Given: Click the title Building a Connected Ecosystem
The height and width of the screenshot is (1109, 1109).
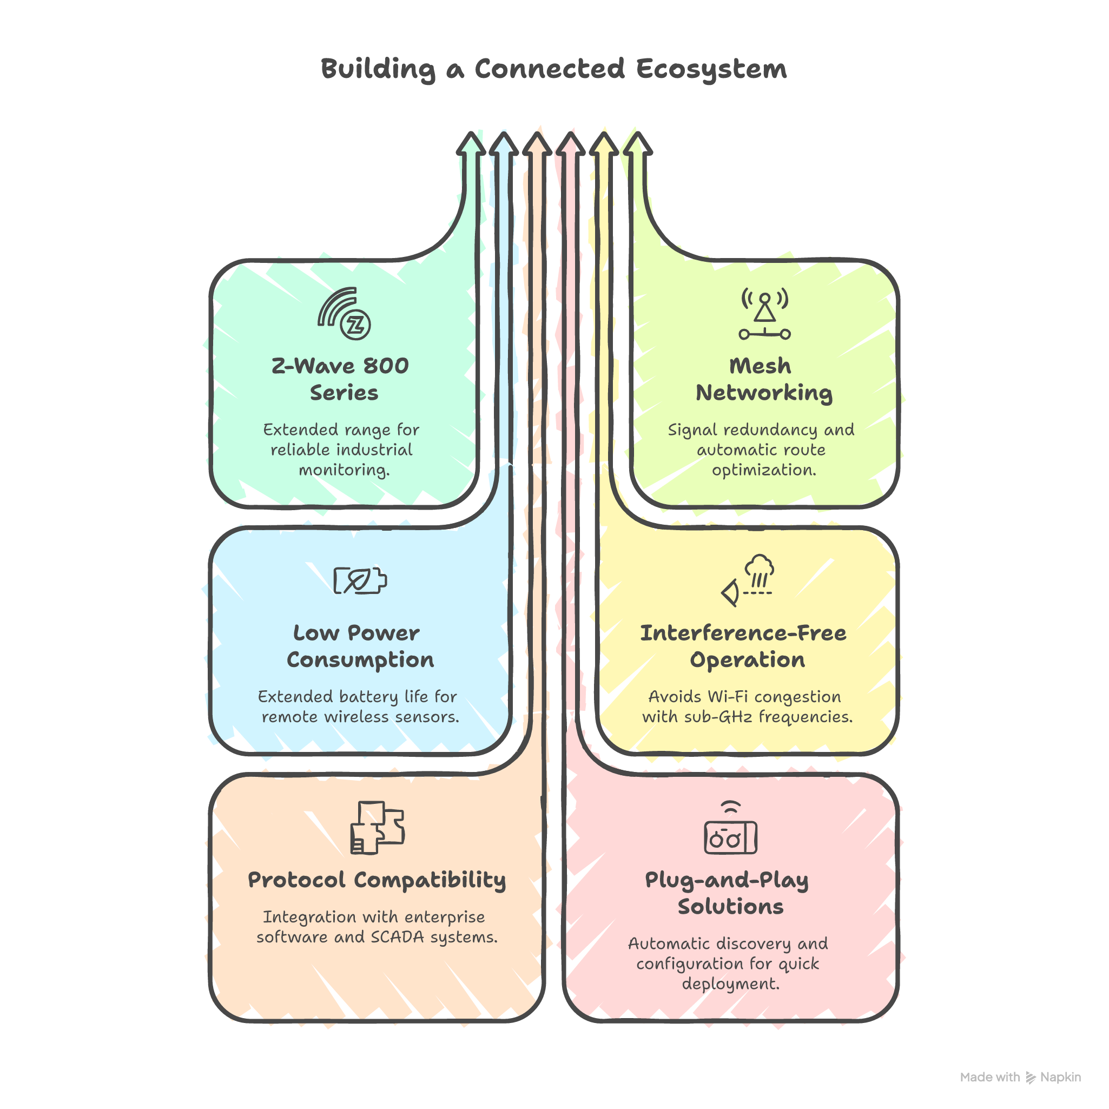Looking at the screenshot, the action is click(x=554, y=69).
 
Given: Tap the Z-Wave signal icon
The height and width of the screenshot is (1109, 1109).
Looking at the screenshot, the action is click(x=344, y=314).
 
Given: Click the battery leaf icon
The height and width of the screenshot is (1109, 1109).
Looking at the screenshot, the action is click(x=360, y=580).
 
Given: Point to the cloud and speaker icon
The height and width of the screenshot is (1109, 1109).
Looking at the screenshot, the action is click(x=748, y=580).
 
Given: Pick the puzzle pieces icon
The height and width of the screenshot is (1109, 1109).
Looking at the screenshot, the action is click(x=377, y=828).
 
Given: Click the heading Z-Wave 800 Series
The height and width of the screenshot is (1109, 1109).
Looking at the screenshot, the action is click(x=340, y=379).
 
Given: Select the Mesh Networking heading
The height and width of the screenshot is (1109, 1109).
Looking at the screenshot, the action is click(x=763, y=379).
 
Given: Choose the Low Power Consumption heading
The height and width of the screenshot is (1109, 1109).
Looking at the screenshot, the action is click(x=360, y=646).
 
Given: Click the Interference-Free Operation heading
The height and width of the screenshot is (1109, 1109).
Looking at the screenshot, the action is click(x=744, y=646).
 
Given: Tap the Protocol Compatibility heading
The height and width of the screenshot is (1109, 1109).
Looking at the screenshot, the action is click(x=377, y=880).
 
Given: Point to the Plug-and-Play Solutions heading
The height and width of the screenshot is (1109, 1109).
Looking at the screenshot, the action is click(x=728, y=893).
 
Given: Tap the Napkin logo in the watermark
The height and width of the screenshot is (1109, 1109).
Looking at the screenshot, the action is click(x=1031, y=1078).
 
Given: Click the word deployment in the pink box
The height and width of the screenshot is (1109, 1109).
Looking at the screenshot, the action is click(x=730, y=983).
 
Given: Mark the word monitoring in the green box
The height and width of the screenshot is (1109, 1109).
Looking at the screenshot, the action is click(x=344, y=470).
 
